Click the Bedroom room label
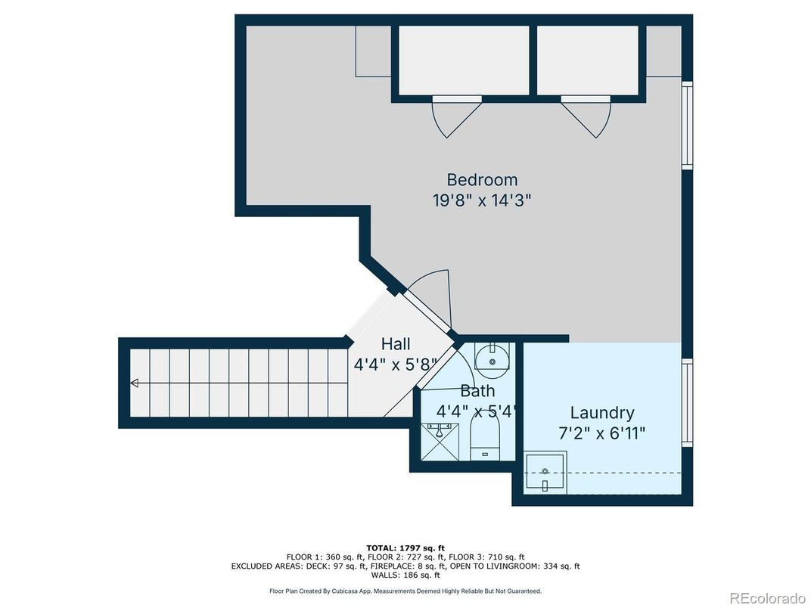[x=481, y=180]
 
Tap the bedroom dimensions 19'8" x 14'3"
[x=481, y=200]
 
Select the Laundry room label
[x=602, y=413]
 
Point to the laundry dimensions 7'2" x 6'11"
[x=602, y=433]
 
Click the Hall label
[x=396, y=344]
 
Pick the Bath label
[x=477, y=391]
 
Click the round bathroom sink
[x=493, y=361]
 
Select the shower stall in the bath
[x=440, y=442]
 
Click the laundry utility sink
[x=545, y=472]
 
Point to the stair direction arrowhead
[x=135, y=383]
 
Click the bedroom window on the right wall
[x=687, y=125]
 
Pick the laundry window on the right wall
[x=687, y=402]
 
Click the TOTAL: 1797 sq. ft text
[x=405, y=548]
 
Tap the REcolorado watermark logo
[x=768, y=597]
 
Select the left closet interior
[x=464, y=60]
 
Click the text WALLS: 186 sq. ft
[x=405, y=575]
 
